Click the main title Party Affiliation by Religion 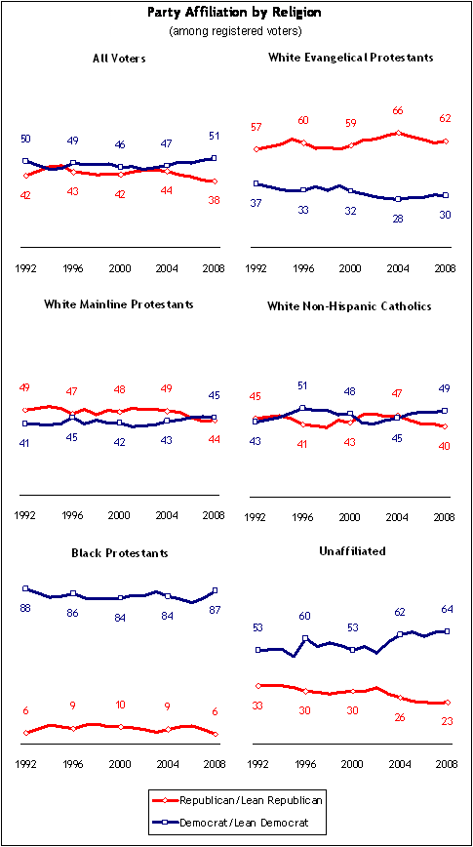(235, 14)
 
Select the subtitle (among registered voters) (235, 31)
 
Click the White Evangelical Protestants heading (351, 58)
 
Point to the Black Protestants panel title (120, 553)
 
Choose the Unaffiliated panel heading (351, 551)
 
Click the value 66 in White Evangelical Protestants (399, 111)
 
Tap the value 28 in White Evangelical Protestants (399, 220)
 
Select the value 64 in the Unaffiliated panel (446, 609)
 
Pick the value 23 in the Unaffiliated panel (446, 720)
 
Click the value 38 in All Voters (215, 199)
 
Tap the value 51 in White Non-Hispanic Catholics (303, 385)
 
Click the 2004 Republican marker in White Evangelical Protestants (399, 133)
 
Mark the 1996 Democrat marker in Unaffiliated (305, 638)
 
